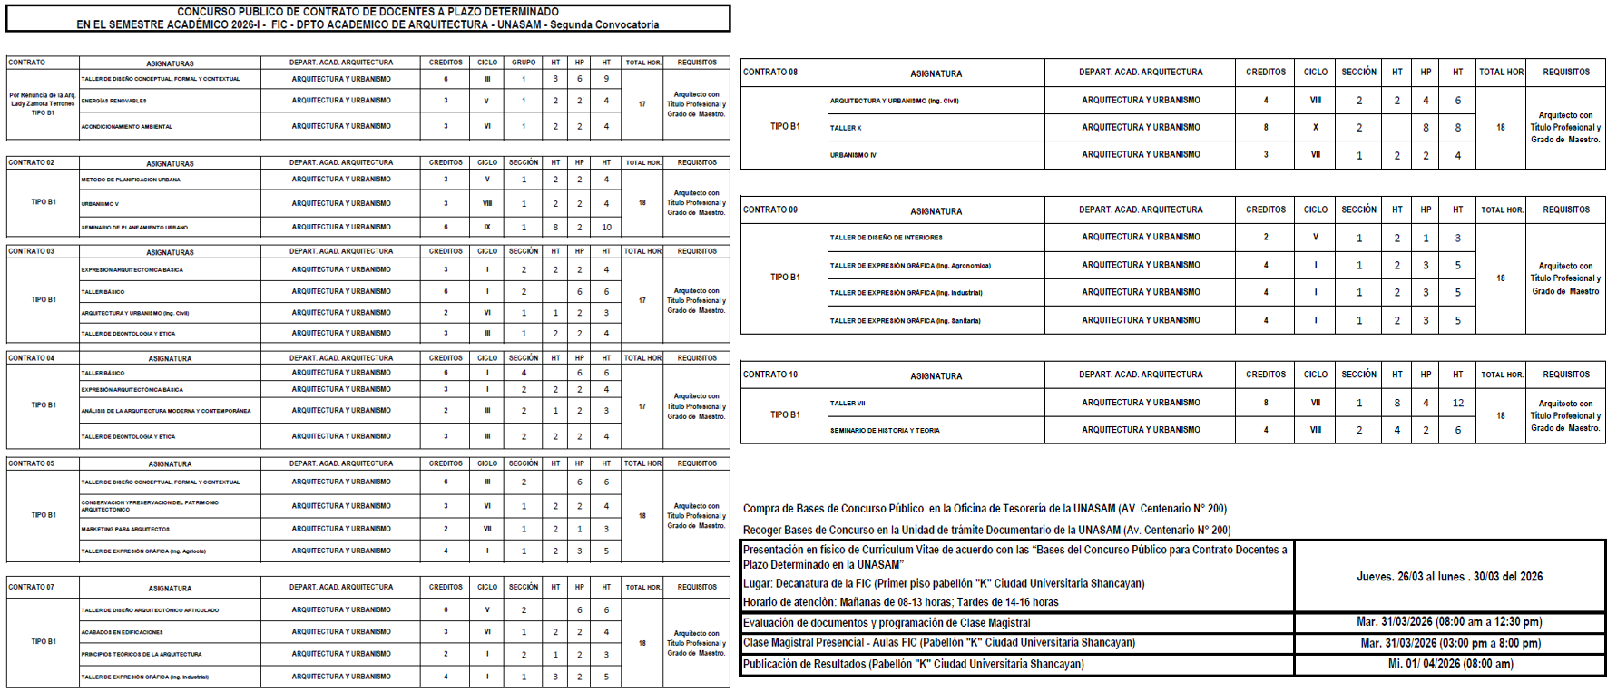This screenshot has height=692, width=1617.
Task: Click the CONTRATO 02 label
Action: pyautogui.click(x=32, y=163)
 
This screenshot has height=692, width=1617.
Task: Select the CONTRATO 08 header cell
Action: pyautogui.click(x=770, y=73)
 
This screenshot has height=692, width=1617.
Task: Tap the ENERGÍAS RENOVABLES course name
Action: pyautogui.click(x=114, y=102)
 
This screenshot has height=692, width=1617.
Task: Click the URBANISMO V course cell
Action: pyautogui.click(x=101, y=204)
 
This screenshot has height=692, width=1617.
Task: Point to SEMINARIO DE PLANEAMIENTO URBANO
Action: pyautogui.click(x=134, y=228)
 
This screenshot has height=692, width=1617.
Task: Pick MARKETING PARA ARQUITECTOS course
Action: pyautogui.click(x=125, y=530)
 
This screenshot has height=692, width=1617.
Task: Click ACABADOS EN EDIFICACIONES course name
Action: pyautogui.click(x=122, y=633)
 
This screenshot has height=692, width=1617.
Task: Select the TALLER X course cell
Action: pyautogui.click(x=846, y=129)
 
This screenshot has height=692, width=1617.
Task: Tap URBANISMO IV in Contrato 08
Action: pyautogui.click(x=853, y=156)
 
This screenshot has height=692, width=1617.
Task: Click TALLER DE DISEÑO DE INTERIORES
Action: pyautogui.click(x=886, y=238)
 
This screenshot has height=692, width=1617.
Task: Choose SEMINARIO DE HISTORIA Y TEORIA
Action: pyautogui.click(x=885, y=431)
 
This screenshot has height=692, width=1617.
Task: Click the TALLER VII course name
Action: pyautogui.click(x=848, y=404)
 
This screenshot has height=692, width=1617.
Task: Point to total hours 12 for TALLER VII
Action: pyautogui.click(x=1457, y=404)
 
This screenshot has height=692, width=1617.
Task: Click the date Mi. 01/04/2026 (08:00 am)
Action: pyautogui.click(x=1450, y=664)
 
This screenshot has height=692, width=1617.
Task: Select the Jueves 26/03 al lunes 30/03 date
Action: pyautogui.click(x=1449, y=577)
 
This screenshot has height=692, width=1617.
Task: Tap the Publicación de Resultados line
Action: pyautogui.click(x=913, y=664)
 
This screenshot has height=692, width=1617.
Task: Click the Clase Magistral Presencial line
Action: pyautogui.click(x=939, y=643)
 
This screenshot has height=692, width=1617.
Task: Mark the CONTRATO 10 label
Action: pyautogui.click(x=770, y=375)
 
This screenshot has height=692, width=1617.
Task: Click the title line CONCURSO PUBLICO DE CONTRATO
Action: pyautogui.click(x=367, y=12)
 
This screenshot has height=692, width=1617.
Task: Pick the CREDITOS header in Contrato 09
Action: pyautogui.click(x=1265, y=210)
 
